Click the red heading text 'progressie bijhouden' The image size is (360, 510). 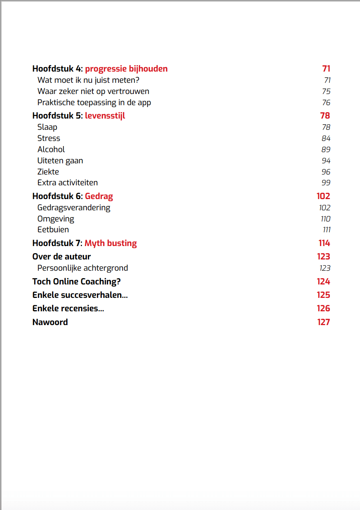(126, 69)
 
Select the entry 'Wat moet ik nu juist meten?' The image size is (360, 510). (88, 80)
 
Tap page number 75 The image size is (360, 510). (326, 91)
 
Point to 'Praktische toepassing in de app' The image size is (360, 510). (94, 103)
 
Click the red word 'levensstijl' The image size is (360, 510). (105, 116)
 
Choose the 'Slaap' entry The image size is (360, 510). (47, 127)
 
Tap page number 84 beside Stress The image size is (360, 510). (326, 138)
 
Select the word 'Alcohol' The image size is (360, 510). (51, 149)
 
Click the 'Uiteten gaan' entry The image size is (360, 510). (60, 161)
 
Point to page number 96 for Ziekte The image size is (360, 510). (326, 172)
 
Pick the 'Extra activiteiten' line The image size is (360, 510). (67, 183)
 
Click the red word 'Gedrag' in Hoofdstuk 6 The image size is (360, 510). (99, 196)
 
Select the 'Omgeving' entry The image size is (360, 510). (56, 219)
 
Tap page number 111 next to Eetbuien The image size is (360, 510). (327, 230)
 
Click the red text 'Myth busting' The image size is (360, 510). (111, 243)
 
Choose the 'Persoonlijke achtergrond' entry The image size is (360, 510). (82, 268)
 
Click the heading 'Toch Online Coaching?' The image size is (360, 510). (76, 281)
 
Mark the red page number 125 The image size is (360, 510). (323, 295)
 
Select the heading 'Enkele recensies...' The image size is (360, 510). (68, 308)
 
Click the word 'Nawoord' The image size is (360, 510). (50, 322)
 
